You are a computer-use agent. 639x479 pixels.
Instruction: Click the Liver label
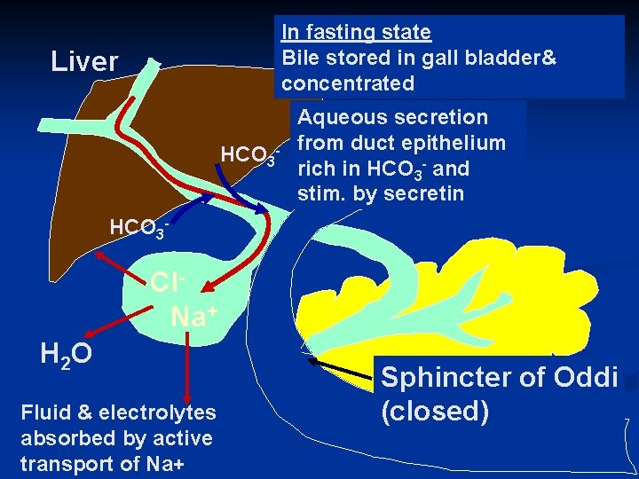pyautogui.click(x=84, y=62)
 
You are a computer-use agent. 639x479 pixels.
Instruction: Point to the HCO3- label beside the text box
pyautogui.click(x=250, y=157)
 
